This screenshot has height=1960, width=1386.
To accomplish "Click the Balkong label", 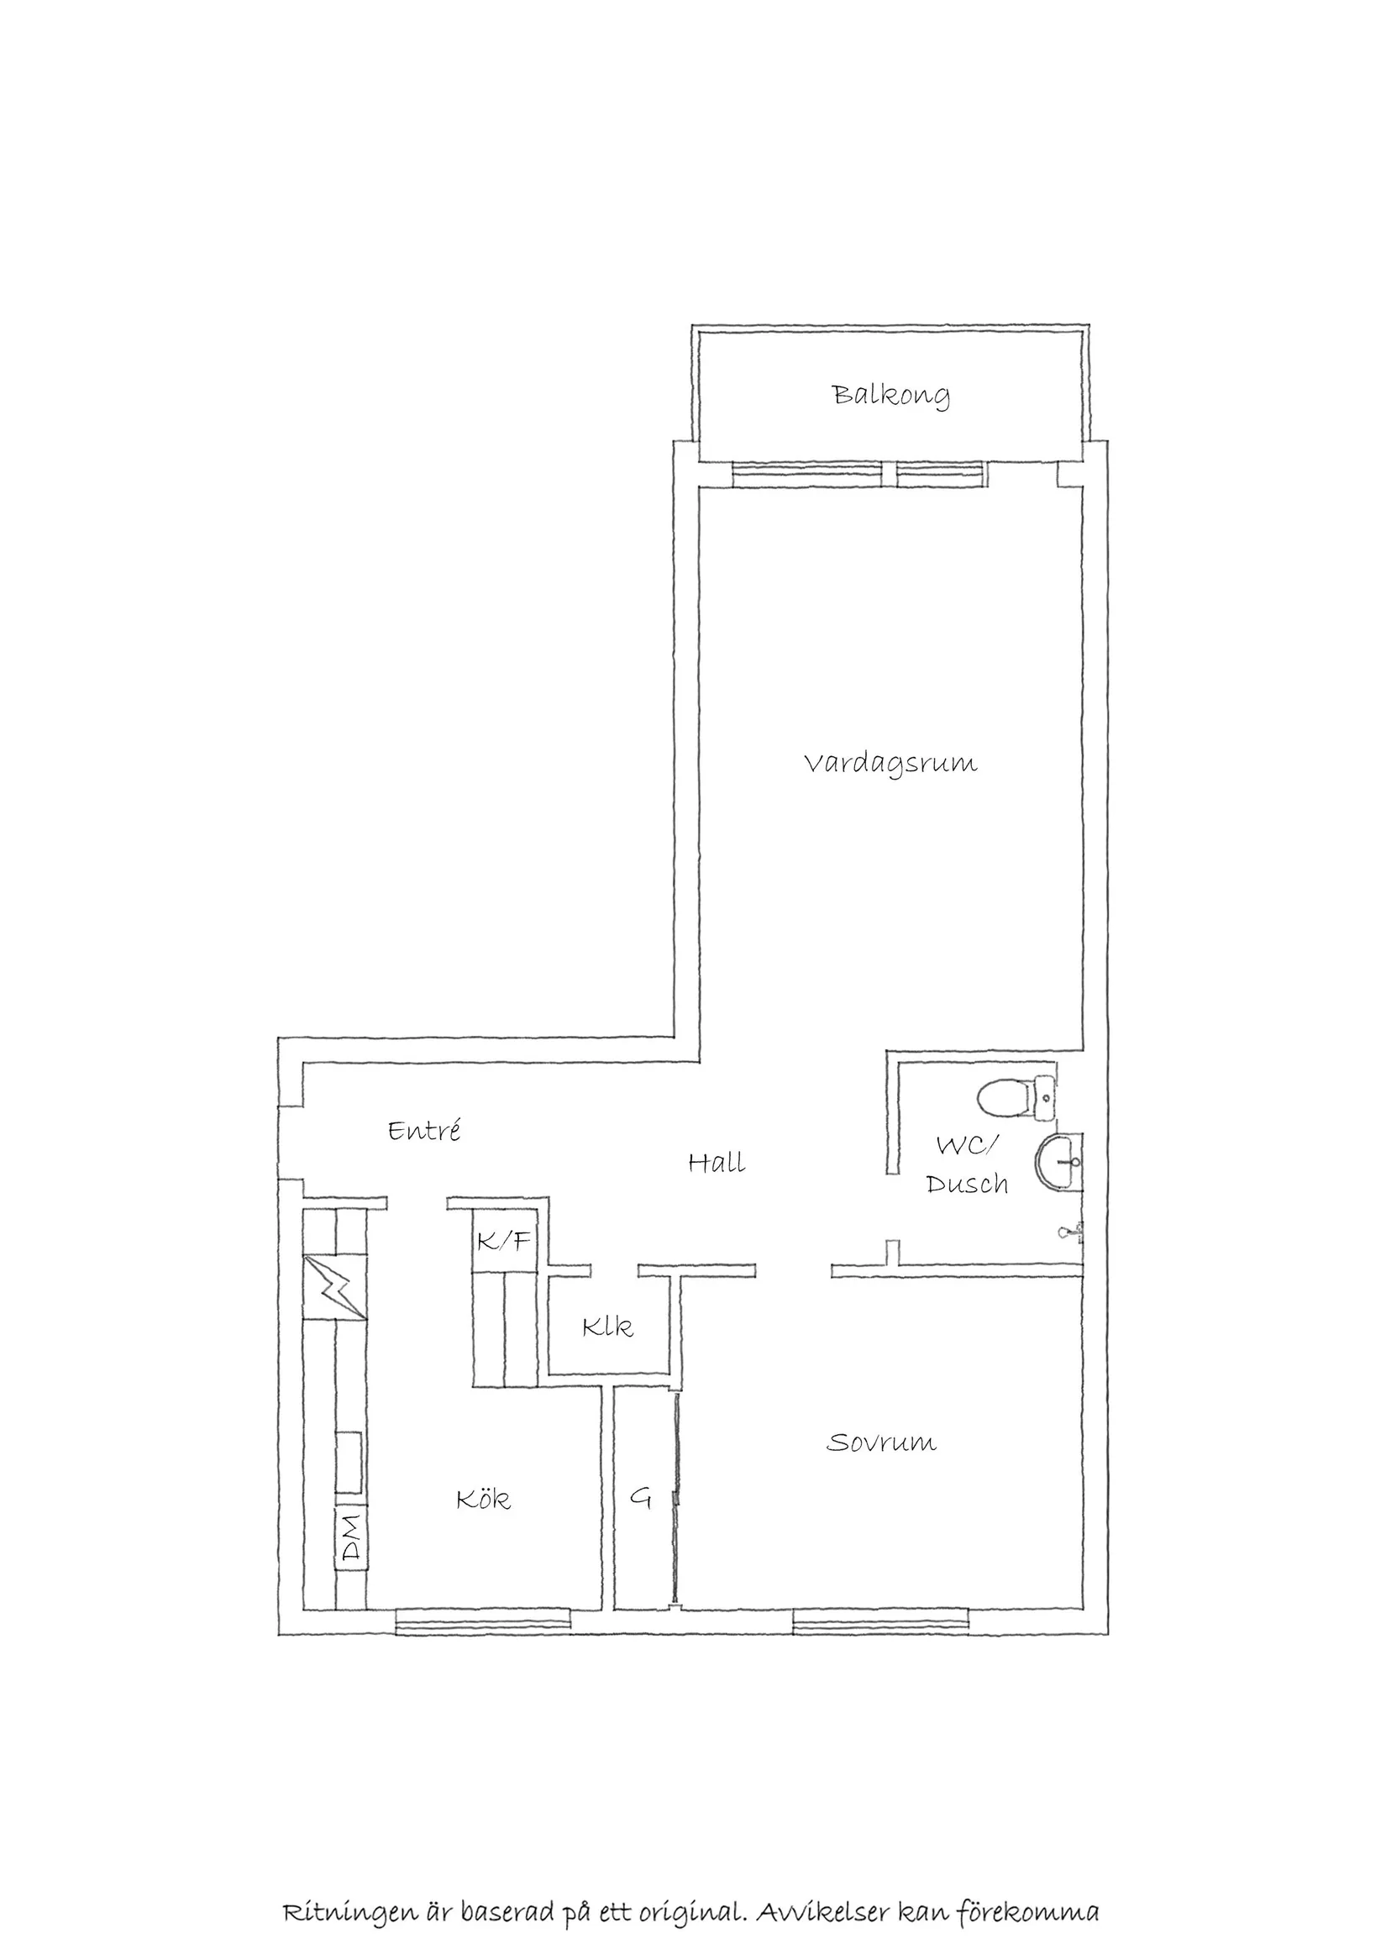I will (891, 395).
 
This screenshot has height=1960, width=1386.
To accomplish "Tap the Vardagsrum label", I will (891, 763).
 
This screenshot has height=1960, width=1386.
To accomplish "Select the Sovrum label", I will (881, 1442).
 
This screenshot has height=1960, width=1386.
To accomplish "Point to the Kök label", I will (483, 1499).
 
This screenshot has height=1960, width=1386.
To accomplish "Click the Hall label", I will (716, 1163).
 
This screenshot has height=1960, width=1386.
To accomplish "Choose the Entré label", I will (424, 1131).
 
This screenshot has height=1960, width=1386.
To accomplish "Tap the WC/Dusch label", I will (967, 1164).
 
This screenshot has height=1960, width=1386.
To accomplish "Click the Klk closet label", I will (607, 1327).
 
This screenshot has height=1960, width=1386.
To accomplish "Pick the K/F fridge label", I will (503, 1240).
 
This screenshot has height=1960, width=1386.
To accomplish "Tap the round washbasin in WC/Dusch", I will (1058, 1162).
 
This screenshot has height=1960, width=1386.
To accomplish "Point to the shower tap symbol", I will (1070, 1232).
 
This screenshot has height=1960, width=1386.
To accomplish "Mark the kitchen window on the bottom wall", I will (482, 1621).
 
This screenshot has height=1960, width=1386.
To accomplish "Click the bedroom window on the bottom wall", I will (880, 1621).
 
